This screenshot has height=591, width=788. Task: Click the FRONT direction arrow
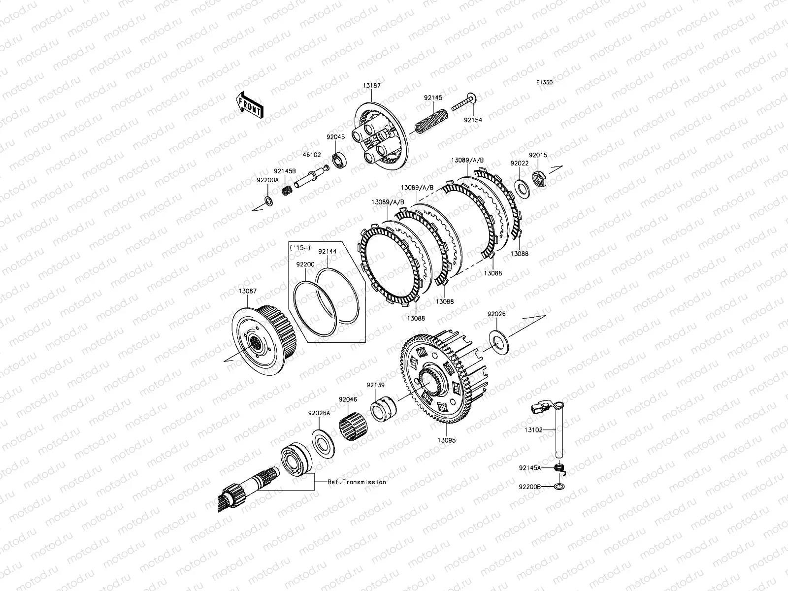(250, 105)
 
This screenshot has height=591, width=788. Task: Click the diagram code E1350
(544, 83)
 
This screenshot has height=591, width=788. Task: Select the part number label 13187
(371, 86)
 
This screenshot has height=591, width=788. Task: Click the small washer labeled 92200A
(268, 201)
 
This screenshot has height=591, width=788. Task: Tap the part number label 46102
(312, 155)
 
